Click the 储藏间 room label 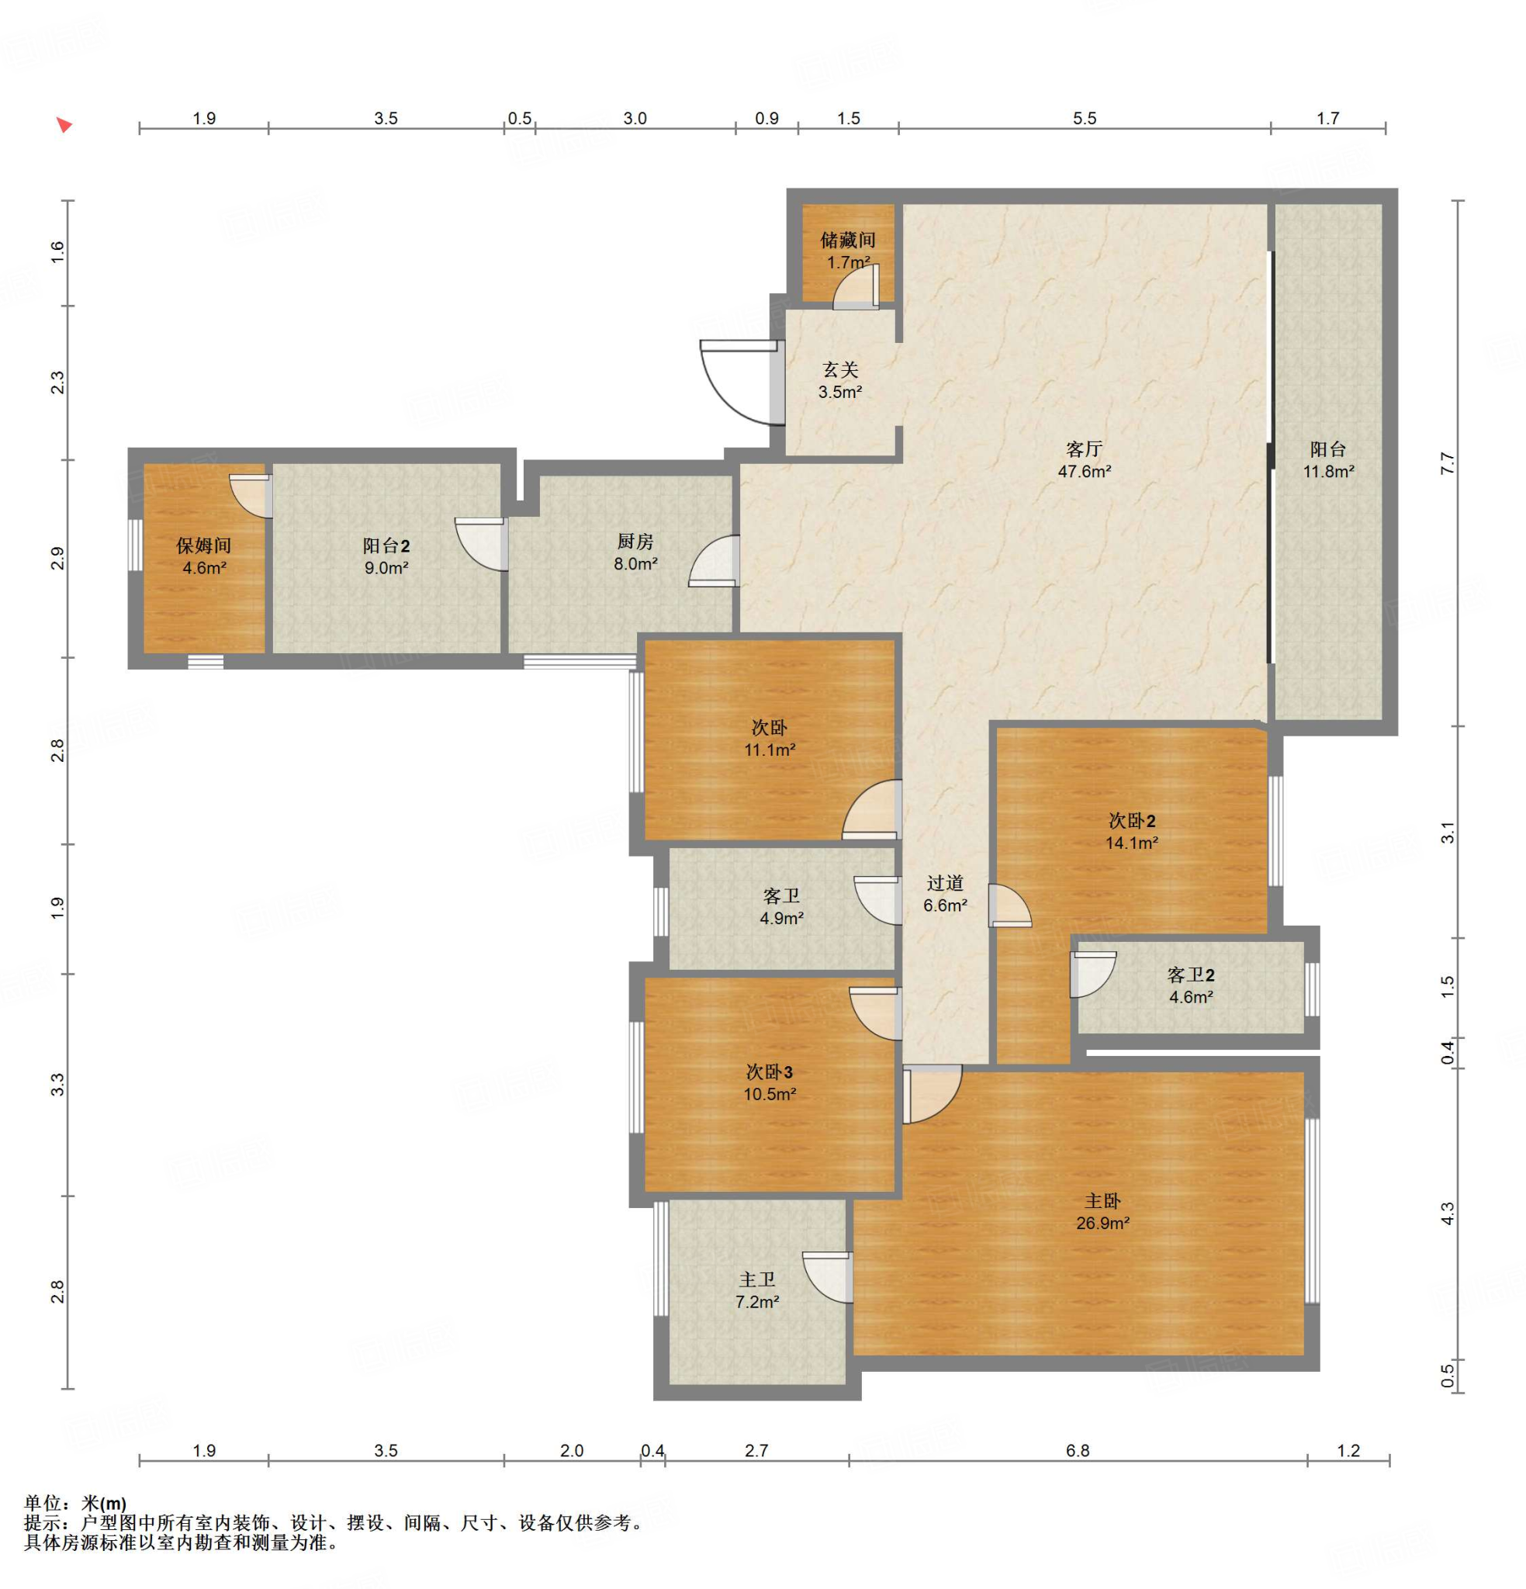click(x=847, y=240)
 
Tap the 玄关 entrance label click(x=840, y=369)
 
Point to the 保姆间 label click(x=203, y=545)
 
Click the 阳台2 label click(x=386, y=545)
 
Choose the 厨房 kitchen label click(x=635, y=541)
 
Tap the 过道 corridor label click(x=945, y=883)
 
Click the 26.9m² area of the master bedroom click(x=1102, y=1224)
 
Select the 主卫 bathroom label click(x=756, y=1280)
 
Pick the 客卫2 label click(x=1190, y=975)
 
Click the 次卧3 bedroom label click(x=770, y=1071)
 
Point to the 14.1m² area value click(x=1131, y=843)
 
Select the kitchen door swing click(x=713, y=560)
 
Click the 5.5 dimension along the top click(x=1084, y=119)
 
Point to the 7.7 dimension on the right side click(x=1448, y=463)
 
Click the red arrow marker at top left click(x=64, y=125)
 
